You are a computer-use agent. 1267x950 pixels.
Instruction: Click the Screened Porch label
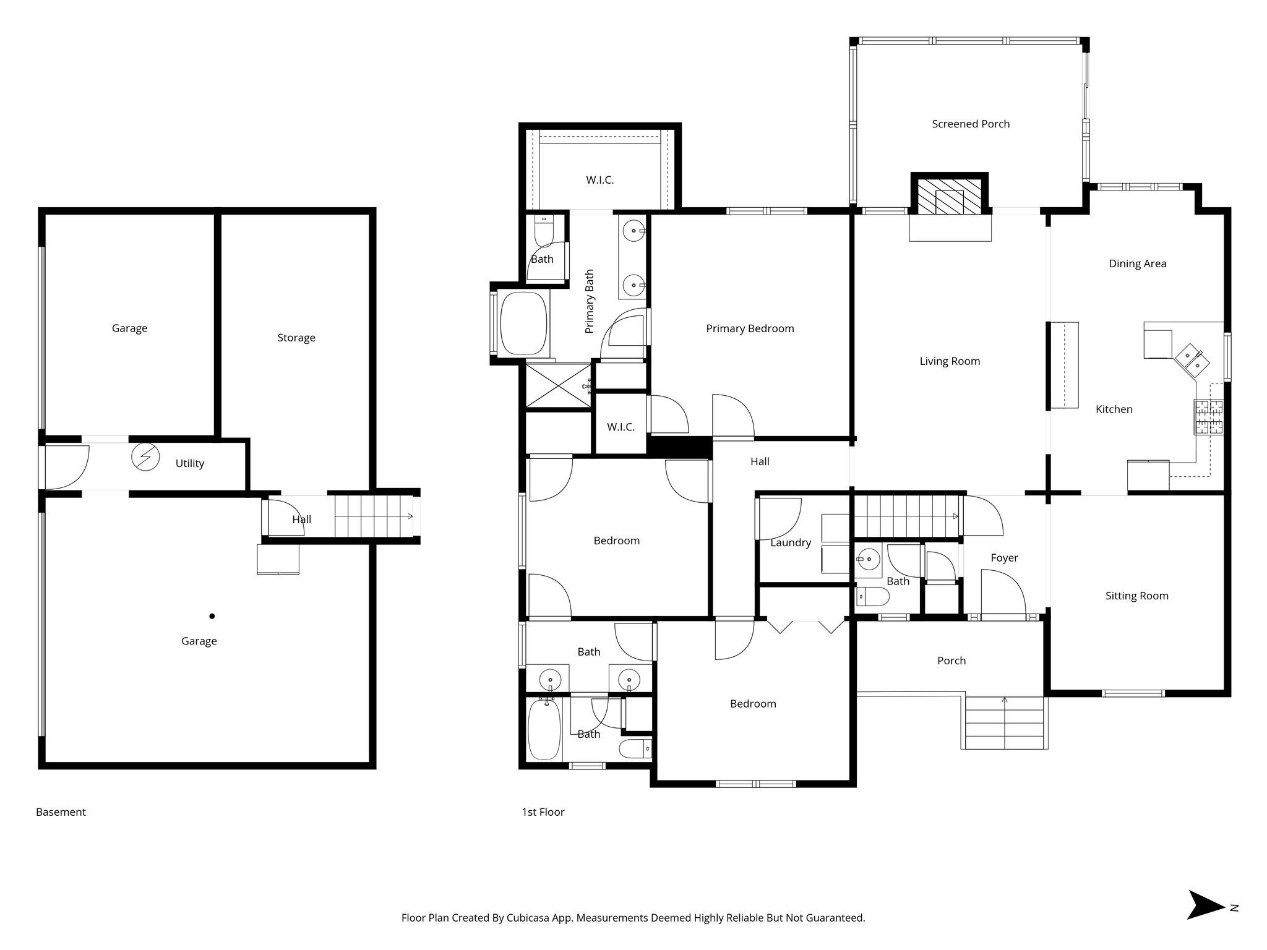[x=971, y=124]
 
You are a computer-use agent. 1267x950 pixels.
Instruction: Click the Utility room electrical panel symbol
[x=145, y=458]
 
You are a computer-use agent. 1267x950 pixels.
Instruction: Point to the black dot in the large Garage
[x=212, y=616]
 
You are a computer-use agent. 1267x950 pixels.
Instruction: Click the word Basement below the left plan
[x=61, y=812]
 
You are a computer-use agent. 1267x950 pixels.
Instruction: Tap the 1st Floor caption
[x=543, y=812]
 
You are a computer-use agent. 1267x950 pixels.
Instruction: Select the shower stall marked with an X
[x=558, y=385]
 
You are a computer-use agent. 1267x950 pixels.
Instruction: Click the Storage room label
[x=296, y=338]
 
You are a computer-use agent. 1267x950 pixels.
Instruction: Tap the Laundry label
[x=790, y=543]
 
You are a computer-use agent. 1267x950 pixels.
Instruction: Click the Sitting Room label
[x=1136, y=596]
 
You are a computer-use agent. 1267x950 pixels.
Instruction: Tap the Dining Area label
[x=1137, y=264]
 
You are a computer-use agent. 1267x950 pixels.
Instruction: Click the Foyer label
[x=1004, y=558]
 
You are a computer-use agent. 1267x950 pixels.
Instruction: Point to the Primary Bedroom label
[x=750, y=329]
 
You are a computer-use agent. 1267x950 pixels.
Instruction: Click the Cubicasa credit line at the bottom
[x=633, y=918]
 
